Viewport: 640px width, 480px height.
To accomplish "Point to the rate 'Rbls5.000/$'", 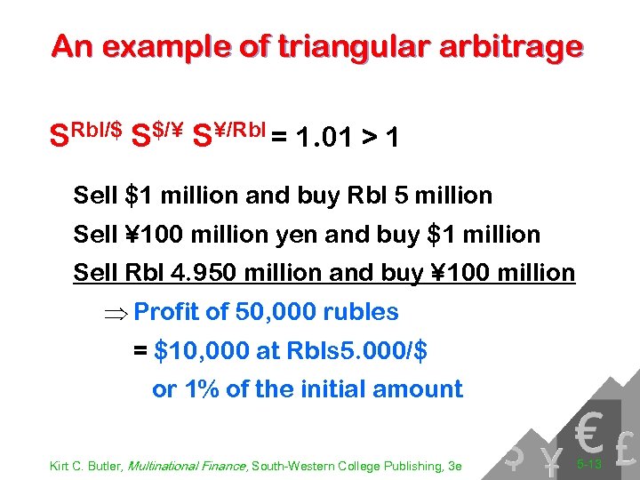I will pos(355,351).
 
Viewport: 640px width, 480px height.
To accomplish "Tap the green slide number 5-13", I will pos(588,463).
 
